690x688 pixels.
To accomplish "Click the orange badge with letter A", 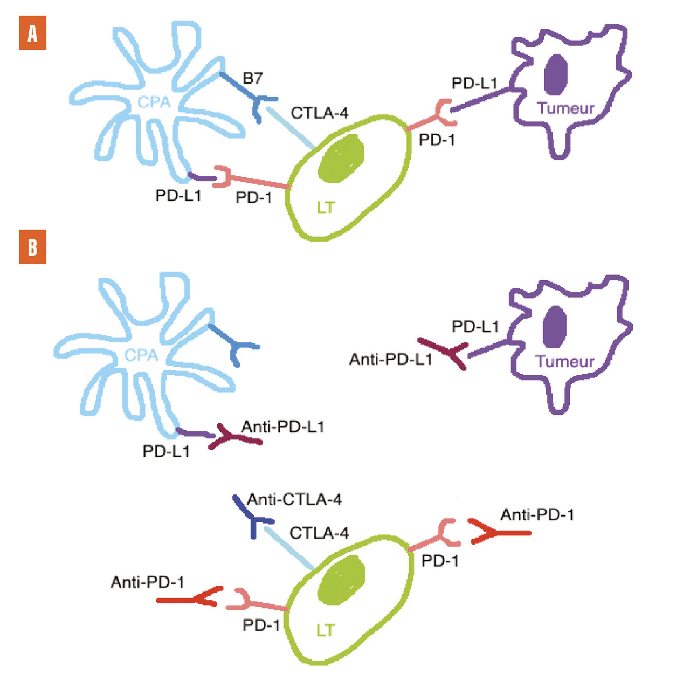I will [32, 33].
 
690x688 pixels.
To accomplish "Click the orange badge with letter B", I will [32, 247].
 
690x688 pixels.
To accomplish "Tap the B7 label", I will [252, 79].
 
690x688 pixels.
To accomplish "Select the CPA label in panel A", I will [154, 102].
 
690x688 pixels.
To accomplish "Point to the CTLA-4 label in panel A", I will [319, 113].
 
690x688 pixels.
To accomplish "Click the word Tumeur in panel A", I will [565, 108].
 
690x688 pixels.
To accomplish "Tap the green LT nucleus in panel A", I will [341, 157].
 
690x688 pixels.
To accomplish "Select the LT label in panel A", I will [325, 207].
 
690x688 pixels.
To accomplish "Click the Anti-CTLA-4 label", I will [294, 499].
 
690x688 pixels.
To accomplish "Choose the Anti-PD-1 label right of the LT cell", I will [537, 515].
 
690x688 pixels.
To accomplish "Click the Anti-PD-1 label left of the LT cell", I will [147, 582].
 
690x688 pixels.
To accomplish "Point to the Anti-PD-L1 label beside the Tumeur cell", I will [390, 359].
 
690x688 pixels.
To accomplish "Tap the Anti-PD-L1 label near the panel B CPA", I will [282, 427].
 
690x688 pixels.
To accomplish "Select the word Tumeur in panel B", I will [565, 361].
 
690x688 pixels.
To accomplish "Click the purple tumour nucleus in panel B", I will [555, 326].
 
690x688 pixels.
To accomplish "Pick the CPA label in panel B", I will [141, 355].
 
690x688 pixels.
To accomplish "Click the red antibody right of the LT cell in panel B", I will [499, 532].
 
